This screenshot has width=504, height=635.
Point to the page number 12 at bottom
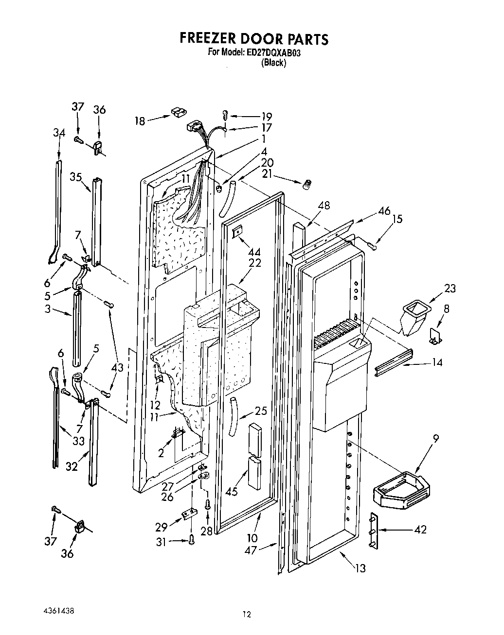[x=247, y=614]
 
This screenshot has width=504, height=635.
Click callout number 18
[x=140, y=121]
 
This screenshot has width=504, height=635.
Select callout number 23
[x=450, y=289]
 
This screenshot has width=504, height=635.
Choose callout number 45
[x=232, y=491]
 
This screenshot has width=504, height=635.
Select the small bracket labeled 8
[x=435, y=335]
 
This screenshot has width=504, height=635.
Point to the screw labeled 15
[x=372, y=247]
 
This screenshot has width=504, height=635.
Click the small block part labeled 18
[x=178, y=114]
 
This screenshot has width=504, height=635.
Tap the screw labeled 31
[x=191, y=539]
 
